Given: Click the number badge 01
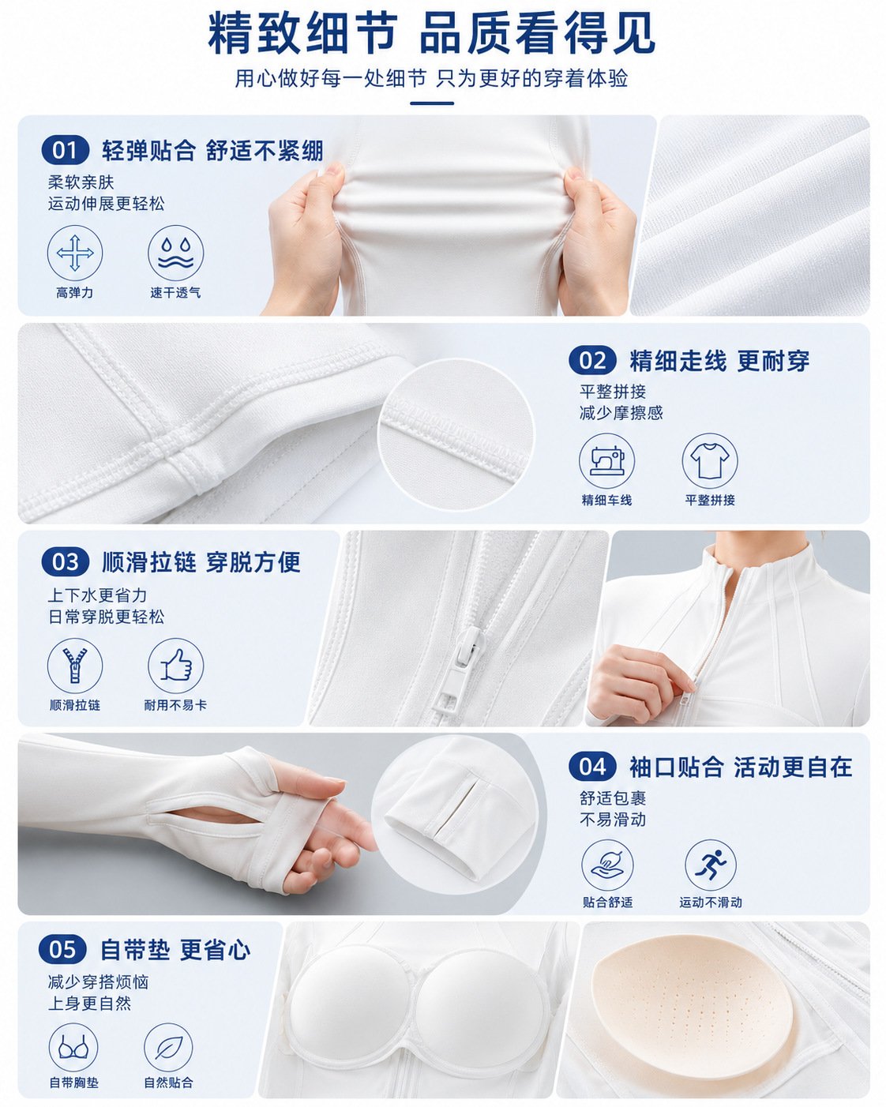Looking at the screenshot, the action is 66,150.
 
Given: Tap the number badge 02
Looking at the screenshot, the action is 592,360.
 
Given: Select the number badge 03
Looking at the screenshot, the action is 66,561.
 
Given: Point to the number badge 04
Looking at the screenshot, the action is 592,767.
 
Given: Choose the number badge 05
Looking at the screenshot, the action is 62,950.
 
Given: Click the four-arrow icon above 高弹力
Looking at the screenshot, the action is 75,253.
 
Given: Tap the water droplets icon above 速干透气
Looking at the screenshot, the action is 176,253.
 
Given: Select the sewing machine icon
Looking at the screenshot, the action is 606,460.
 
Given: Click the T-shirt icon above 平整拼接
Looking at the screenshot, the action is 710,460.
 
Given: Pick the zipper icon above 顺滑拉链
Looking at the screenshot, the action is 75,666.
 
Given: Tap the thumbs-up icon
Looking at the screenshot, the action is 176,666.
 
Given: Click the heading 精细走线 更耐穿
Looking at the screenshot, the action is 719,361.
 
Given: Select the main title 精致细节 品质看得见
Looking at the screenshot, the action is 431,33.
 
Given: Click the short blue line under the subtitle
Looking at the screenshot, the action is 432,103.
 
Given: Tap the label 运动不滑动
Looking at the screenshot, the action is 711,902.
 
